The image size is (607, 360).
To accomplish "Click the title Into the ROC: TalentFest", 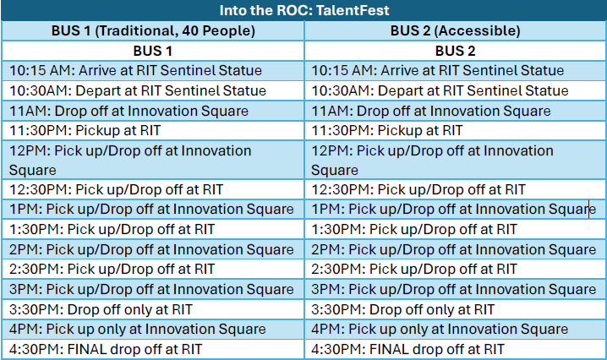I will [x=303, y=10].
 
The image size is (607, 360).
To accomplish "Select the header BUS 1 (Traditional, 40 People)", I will [x=153, y=30].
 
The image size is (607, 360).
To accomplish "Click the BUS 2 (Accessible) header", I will [x=455, y=30].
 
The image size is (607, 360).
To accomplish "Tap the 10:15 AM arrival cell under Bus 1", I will [x=135, y=70].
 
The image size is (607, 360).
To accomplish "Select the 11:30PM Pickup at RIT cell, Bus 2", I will [x=387, y=130].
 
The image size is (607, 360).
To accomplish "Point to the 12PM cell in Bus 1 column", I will [x=130, y=160].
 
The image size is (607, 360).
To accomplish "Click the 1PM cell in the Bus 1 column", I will [x=152, y=209].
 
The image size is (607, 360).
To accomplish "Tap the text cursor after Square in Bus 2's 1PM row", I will [x=588, y=209].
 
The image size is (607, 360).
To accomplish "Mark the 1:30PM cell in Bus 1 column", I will [x=112, y=229].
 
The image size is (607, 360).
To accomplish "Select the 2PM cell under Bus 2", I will [x=454, y=249].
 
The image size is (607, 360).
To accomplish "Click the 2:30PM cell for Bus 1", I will [x=112, y=269].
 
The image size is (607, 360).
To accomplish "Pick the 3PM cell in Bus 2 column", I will [x=454, y=289].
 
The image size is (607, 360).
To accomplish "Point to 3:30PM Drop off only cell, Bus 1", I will [x=101, y=309].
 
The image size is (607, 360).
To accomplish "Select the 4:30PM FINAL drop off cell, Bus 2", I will [x=408, y=349].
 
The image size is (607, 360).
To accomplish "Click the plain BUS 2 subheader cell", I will [x=455, y=51].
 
